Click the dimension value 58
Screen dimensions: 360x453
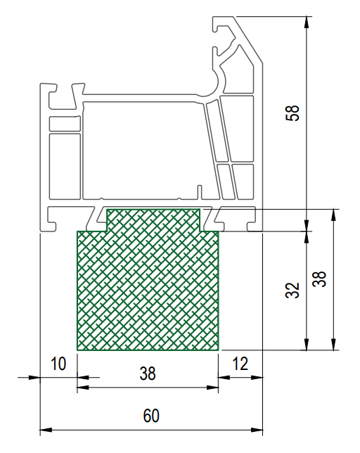pos(292,113)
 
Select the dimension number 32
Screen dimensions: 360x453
pos(292,290)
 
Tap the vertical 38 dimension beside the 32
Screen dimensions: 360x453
pos(319,279)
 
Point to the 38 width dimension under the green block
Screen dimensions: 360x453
pos(148,373)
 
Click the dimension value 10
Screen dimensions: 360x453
pos(58,364)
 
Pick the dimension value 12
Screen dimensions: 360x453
pos(240,364)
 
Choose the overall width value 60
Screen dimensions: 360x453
pos(151,416)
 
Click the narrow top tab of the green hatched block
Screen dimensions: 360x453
pos(153,220)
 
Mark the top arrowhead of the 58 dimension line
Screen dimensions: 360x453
pos(307,22)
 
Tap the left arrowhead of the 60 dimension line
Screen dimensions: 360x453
pos(46,430)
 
